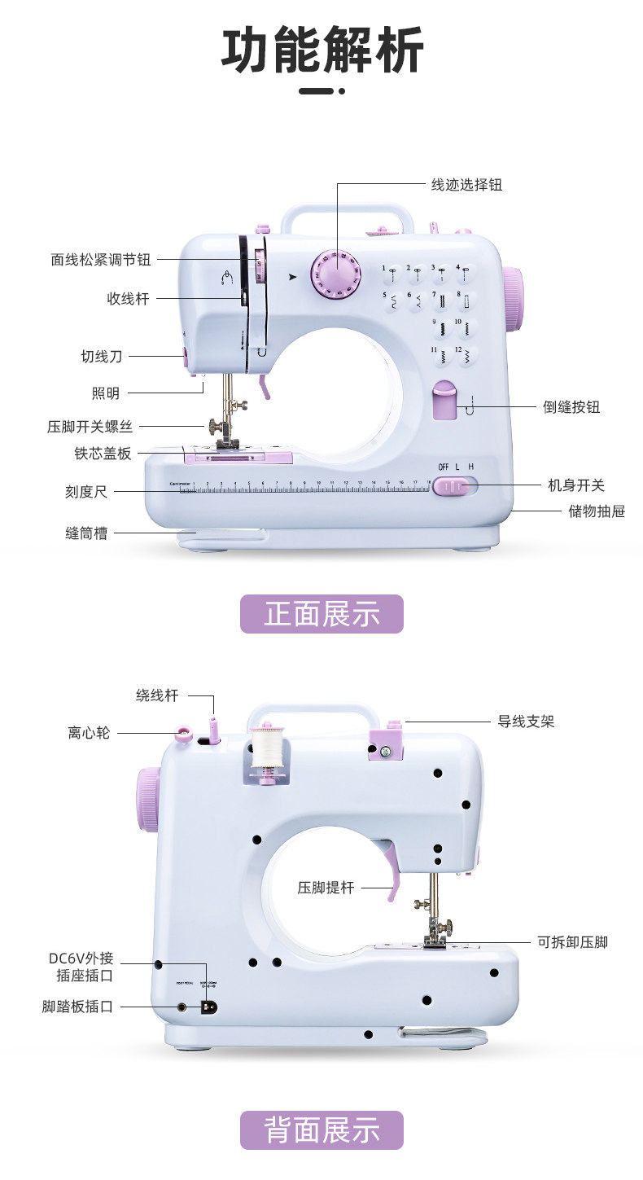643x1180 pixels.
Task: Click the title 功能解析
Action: pos(322,50)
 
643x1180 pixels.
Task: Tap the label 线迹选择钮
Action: pos(466,185)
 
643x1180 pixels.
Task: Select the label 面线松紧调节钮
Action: pos(101,260)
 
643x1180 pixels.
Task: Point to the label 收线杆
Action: pos(129,299)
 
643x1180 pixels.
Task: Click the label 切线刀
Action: pos(101,357)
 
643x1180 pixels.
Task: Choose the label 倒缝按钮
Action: pos(571,406)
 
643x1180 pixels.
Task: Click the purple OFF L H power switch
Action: pos(453,486)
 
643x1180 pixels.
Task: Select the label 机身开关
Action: pos(576,485)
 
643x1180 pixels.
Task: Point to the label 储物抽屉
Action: pos(597,512)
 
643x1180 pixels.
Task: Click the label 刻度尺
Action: pos(86,492)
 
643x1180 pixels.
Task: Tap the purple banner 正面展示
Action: pos(321,614)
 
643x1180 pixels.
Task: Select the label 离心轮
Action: pos(89,733)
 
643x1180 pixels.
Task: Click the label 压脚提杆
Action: pos(326,888)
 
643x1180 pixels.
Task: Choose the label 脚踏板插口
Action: pos(77,1007)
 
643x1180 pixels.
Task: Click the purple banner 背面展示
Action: pos(321,1130)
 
